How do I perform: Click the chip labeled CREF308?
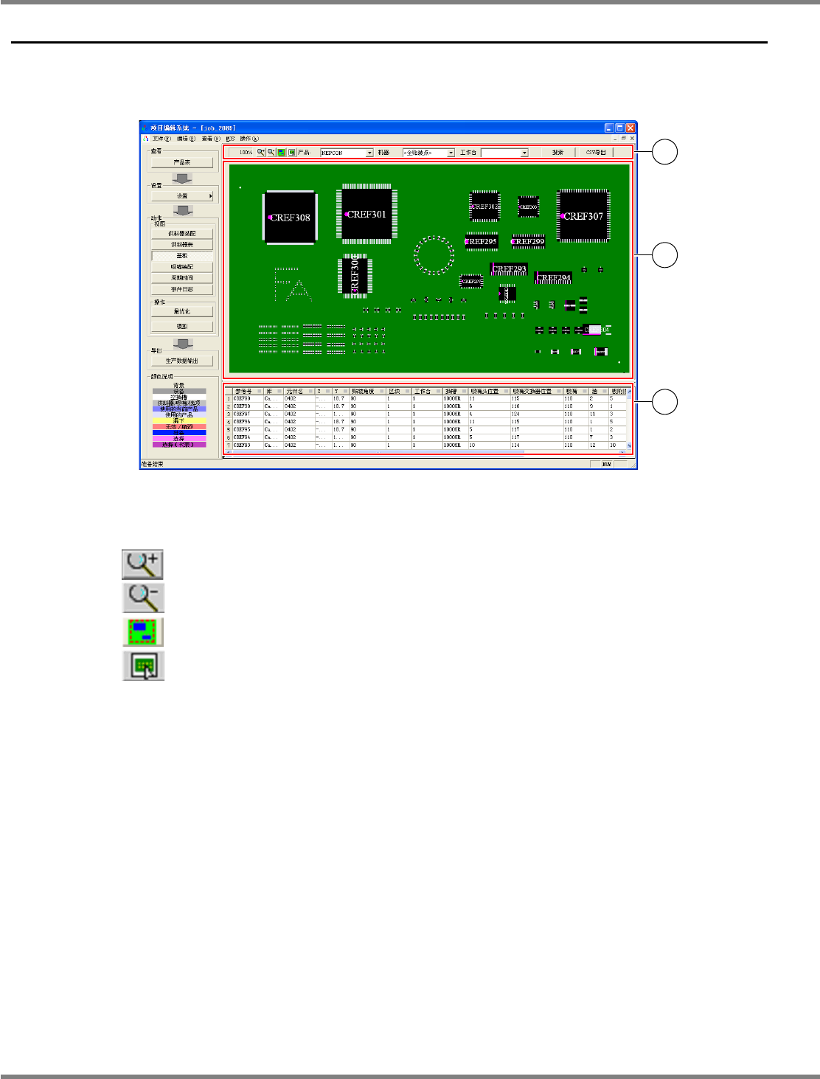coord(290,217)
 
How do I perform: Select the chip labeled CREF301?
coord(366,214)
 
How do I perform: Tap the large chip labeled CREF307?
coord(583,215)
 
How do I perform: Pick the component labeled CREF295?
coord(482,241)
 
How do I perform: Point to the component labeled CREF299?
coord(528,241)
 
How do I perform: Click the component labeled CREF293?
coord(509,269)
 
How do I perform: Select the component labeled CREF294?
coord(553,278)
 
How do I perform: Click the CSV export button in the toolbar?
coord(596,153)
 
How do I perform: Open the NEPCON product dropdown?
coord(347,153)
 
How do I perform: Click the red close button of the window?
coord(630,128)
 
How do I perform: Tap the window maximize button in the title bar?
coord(620,128)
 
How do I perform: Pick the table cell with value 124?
coord(516,414)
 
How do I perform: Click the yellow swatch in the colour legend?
coord(179,421)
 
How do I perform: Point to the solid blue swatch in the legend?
coord(179,433)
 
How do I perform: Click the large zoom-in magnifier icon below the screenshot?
coord(142,564)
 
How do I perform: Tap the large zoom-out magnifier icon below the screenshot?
coord(142,597)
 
